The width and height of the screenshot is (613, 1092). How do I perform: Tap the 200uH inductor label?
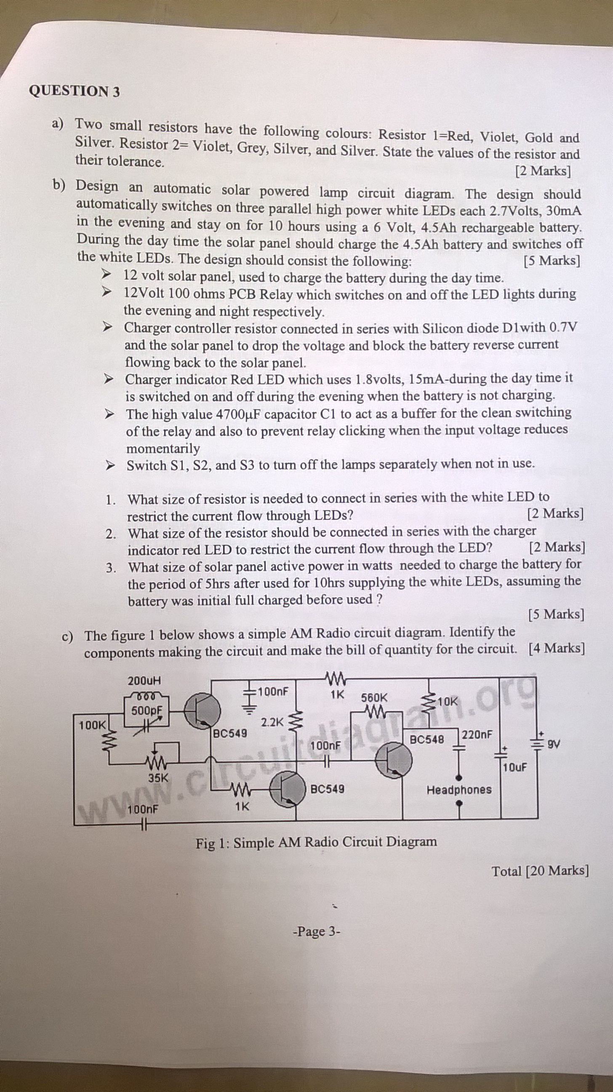click(x=144, y=681)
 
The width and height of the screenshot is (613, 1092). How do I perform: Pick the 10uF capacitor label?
click(x=515, y=767)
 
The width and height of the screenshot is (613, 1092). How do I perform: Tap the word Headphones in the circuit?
click(x=459, y=790)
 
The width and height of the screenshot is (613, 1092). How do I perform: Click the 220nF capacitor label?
click(x=477, y=734)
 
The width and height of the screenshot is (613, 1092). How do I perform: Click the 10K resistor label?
click(x=448, y=701)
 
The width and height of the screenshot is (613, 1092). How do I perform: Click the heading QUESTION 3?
click(x=75, y=91)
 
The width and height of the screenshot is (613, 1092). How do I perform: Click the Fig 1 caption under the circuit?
click(x=316, y=842)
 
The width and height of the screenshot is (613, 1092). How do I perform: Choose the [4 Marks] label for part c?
click(x=557, y=648)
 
